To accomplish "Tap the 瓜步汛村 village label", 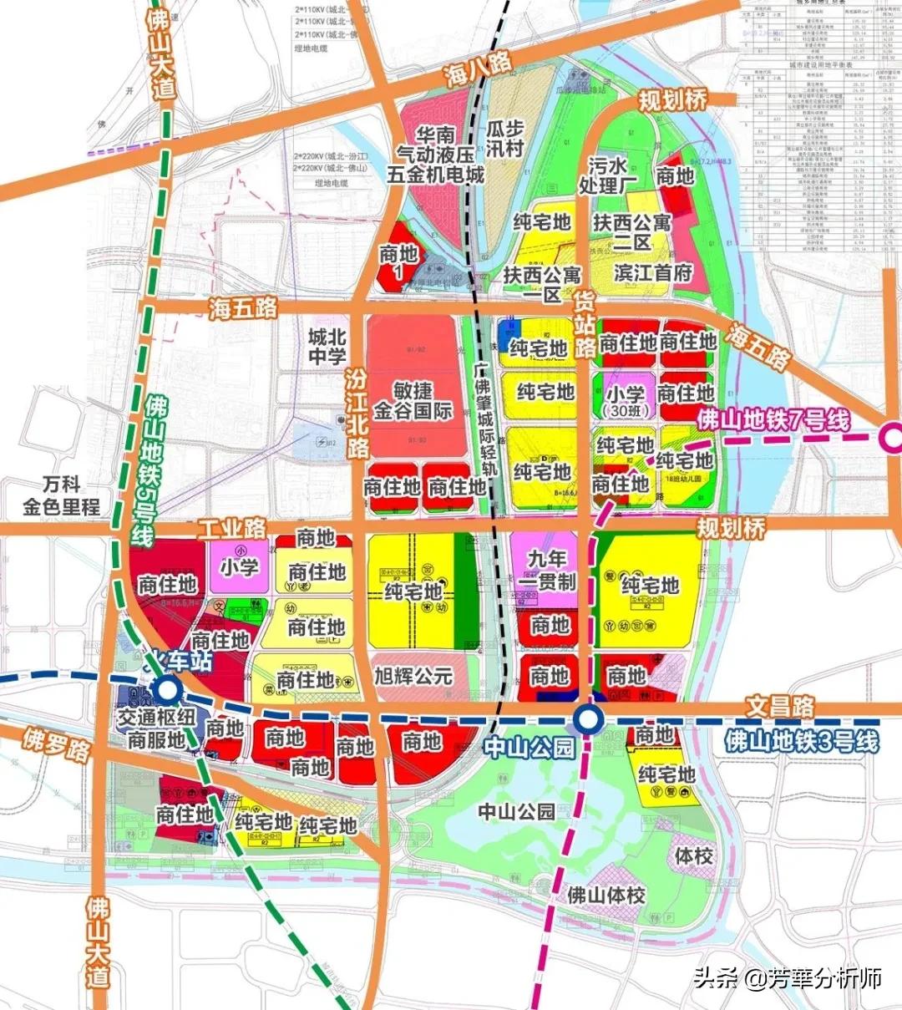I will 504,139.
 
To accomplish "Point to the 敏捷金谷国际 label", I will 413,401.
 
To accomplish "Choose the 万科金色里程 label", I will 61,495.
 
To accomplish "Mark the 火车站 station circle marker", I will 169,690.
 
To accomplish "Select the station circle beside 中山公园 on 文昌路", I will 589,718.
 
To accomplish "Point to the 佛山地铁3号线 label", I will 802,740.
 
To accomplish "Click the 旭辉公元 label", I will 413,676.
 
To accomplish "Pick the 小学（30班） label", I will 626,401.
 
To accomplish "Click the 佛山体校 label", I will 606,896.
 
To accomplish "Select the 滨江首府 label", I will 653,273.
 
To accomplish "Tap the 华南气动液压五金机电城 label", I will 435,155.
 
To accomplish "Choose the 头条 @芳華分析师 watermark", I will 788,977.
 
